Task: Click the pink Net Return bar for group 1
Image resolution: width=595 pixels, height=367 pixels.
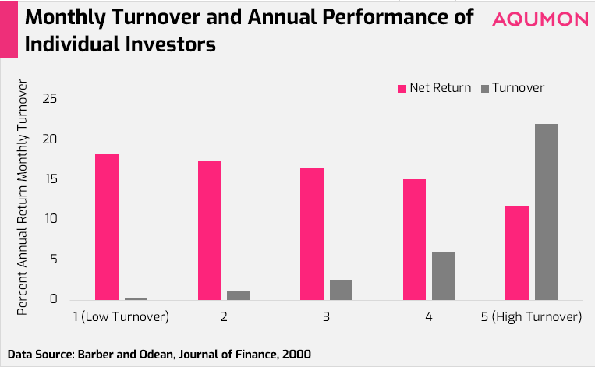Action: pyautogui.click(x=107, y=227)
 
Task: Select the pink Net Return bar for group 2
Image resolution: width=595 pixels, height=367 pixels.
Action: pyautogui.click(x=209, y=230)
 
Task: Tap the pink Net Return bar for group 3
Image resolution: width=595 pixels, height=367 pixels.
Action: pyautogui.click(x=312, y=235)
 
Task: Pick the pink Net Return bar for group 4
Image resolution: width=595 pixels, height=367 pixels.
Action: pyautogui.click(x=414, y=240)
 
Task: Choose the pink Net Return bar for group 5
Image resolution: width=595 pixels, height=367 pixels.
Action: pyautogui.click(x=517, y=253)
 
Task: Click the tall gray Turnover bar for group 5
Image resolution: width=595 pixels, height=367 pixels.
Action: pyautogui.click(x=547, y=212)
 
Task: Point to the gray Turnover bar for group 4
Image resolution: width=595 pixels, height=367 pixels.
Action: pyautogui.click(x=444, y=277)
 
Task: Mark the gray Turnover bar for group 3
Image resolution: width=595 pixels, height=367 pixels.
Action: pyautogui.click(x=341, y=290)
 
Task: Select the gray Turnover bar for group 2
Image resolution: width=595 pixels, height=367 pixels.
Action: pyautogui.click(x=239, y=296)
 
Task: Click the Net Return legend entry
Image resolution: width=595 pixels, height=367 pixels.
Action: pyautogui.click(x=434, y=88)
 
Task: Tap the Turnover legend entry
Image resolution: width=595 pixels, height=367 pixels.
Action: pyautogui.click(x=512, y=88)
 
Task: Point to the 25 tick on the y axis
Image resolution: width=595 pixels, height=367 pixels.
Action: pyautogui.click(x=50, y=99)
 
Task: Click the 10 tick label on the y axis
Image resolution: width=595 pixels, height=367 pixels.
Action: pyautogui.click(x=50, y=219)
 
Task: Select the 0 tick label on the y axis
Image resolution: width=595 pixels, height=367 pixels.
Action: pyautogui.click(x=54, y=298)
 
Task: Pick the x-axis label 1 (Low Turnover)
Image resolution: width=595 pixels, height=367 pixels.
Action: pyautogui.click(x=121, y=316)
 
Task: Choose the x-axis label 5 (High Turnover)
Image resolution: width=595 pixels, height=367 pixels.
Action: pyautogui.click(x=531, y=316)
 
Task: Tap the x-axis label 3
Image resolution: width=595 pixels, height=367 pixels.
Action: pyautogui.click(x=326, y=316)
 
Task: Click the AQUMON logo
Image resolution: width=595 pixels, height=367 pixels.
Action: pyautogui.click(x=540, y=19)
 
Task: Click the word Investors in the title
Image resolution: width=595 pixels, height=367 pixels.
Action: pyautogui.click(x=170, y=44)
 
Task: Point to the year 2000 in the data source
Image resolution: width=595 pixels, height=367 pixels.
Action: pyautogui.click(x=297, y=354)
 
